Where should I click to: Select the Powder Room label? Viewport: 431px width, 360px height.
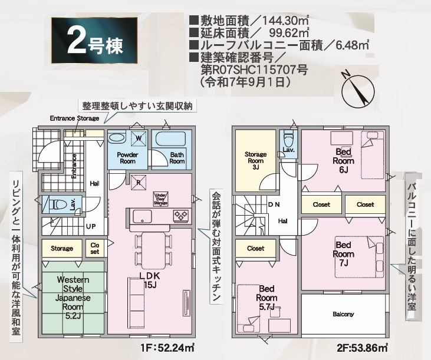(x=128, y=157)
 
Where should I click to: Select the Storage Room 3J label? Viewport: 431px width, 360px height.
(x=255, y=160)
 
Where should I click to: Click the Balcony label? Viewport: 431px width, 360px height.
(x=343, y=314)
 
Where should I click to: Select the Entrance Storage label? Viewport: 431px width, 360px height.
(x=74, y=118)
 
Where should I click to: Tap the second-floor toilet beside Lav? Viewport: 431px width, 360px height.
(x=288, y=140)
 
